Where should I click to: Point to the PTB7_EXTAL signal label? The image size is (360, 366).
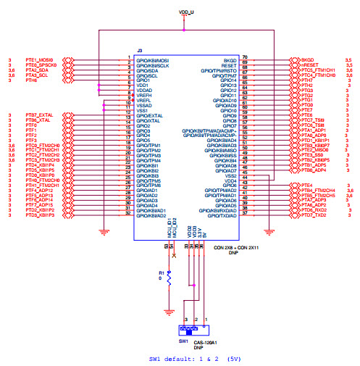pyautogui.click(x=40, y=115)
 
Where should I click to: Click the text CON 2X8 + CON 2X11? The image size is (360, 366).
pyautogui.click(x=241, y=248)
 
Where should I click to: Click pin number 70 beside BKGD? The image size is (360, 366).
pyautogui.click(x=245, y=57)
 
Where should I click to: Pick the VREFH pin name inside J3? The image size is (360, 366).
pyautogui.click(x=144, y=95)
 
